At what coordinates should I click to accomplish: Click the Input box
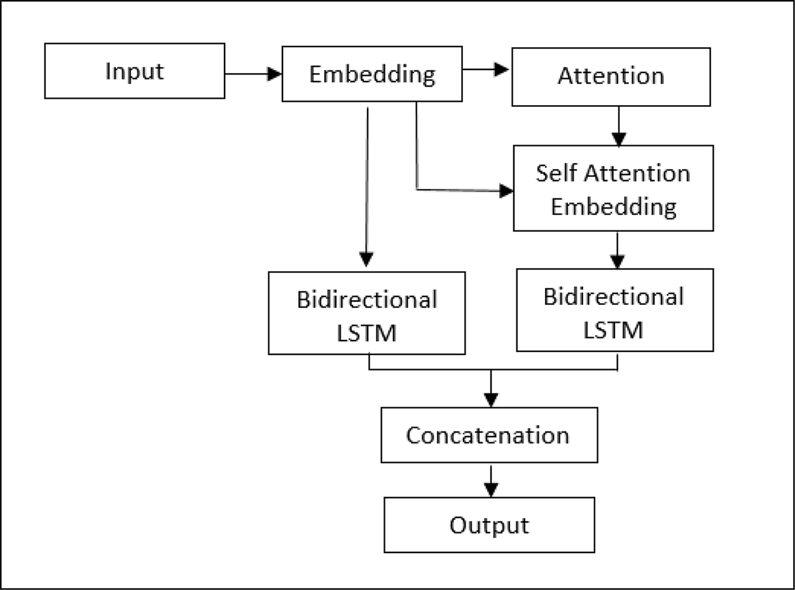coord(134,71)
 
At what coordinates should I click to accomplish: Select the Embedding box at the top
coord(372,74)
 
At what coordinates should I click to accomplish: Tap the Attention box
coord(611,76)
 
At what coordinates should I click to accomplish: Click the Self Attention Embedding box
coord(613,188)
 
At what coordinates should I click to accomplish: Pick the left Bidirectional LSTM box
coord(366,313)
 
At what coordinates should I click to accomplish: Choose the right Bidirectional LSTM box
coord(614,310)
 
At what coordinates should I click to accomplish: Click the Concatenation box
coord(488,435)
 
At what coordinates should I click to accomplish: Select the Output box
coord(488,524)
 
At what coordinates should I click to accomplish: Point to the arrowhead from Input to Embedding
coord(275,74)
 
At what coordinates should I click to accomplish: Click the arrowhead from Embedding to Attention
coord(503,69)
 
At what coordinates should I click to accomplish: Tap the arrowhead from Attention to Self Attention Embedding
coord(618,139)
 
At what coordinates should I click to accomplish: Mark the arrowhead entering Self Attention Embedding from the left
coord(506,190)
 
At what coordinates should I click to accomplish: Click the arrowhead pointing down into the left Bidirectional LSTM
coord(366,260)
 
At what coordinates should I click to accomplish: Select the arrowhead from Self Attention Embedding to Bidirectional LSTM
coord(617,261)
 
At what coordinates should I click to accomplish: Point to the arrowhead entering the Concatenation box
coord(490,400)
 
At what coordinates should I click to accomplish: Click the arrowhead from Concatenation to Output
coord(490,489)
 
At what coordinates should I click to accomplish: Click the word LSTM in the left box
coord(366,332)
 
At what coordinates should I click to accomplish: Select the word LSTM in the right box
coord(614,330)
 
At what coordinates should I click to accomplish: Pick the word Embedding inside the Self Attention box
coord(613,207)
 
